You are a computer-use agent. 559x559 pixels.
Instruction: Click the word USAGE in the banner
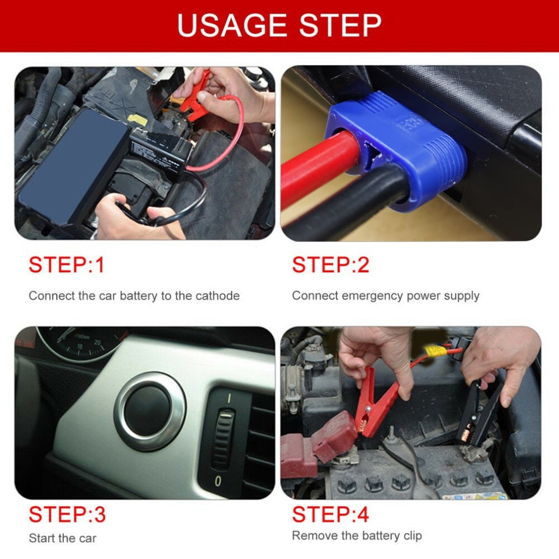click(232, 25)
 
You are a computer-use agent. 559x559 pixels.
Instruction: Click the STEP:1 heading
click(67, 265)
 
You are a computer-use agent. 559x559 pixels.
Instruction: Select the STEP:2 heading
click(330, 265)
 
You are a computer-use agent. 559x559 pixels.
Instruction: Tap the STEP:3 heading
click(68, 514)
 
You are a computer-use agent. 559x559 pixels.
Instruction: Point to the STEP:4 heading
click(330, 514)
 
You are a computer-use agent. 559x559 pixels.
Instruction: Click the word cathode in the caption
click(217, 296)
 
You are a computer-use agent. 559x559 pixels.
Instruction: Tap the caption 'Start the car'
click(63, 538)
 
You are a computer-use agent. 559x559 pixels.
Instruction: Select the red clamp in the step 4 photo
click(375, 403)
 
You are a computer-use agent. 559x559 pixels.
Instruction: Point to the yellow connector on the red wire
click(435, 351)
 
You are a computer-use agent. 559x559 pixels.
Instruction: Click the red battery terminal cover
click(333, 436)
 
